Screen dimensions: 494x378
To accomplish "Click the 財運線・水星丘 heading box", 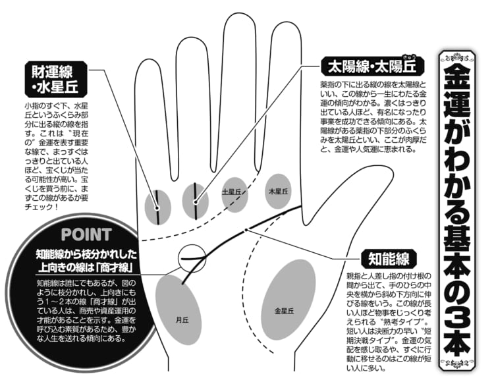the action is point(56,78).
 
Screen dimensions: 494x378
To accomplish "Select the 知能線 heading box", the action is point(389,259).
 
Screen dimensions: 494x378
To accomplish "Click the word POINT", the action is point(86,234).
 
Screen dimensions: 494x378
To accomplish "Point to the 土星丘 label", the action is point(231,191).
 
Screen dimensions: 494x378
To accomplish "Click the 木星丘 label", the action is point(278,191).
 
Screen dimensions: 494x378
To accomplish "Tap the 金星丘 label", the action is point(284,311).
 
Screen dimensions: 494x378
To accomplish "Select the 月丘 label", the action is point(182,320).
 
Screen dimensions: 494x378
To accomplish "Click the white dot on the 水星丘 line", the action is point(157,208).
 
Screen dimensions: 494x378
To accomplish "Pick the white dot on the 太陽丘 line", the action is point(196,202).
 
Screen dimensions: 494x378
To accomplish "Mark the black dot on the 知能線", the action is point(246,230).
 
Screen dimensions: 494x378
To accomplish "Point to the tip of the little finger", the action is point(148,60).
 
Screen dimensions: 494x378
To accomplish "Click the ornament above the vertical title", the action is point(457,58).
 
